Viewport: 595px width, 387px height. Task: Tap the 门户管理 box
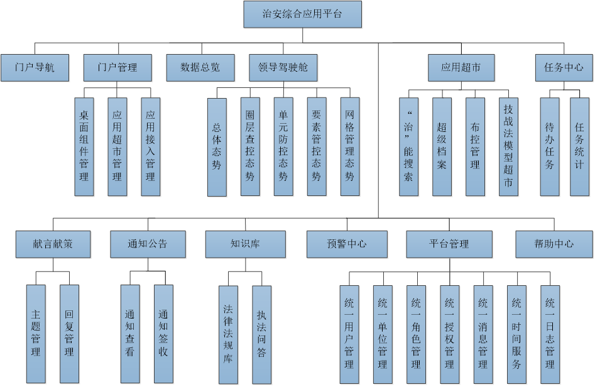(x=118, y=68)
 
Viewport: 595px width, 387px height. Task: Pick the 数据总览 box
(x=200, y=68)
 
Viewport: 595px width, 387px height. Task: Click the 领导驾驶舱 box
(x=283, y=68)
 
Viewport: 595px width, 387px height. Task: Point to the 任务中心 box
(x=564, y=68)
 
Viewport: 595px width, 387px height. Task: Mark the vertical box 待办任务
(x=550, y=146)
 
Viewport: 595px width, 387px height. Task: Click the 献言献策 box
(x=53, y=244)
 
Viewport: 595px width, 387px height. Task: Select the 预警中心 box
(x=347, y=244)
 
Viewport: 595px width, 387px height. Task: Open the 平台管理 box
(x=449, y=244)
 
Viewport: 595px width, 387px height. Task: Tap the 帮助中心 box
(x=554, y=244)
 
